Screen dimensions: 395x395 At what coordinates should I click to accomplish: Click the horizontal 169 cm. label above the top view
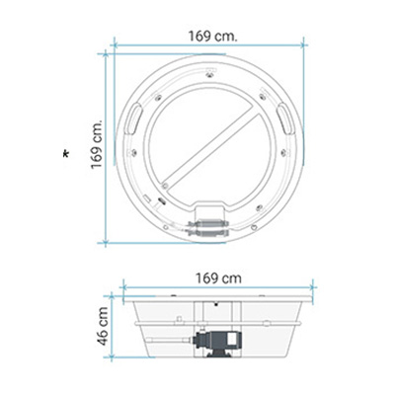212,36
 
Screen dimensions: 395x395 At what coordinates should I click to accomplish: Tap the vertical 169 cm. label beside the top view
97,144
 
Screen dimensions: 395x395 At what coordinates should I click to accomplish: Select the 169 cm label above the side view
218,278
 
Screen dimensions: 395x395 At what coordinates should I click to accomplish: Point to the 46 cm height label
103,326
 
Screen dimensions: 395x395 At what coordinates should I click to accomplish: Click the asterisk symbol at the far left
66,154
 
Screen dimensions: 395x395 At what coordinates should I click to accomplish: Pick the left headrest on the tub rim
133,118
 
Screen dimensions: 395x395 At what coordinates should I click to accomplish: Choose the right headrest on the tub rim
286,118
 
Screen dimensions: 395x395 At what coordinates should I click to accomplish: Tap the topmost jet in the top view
210,75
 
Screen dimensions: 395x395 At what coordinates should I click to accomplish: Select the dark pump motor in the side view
217,343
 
